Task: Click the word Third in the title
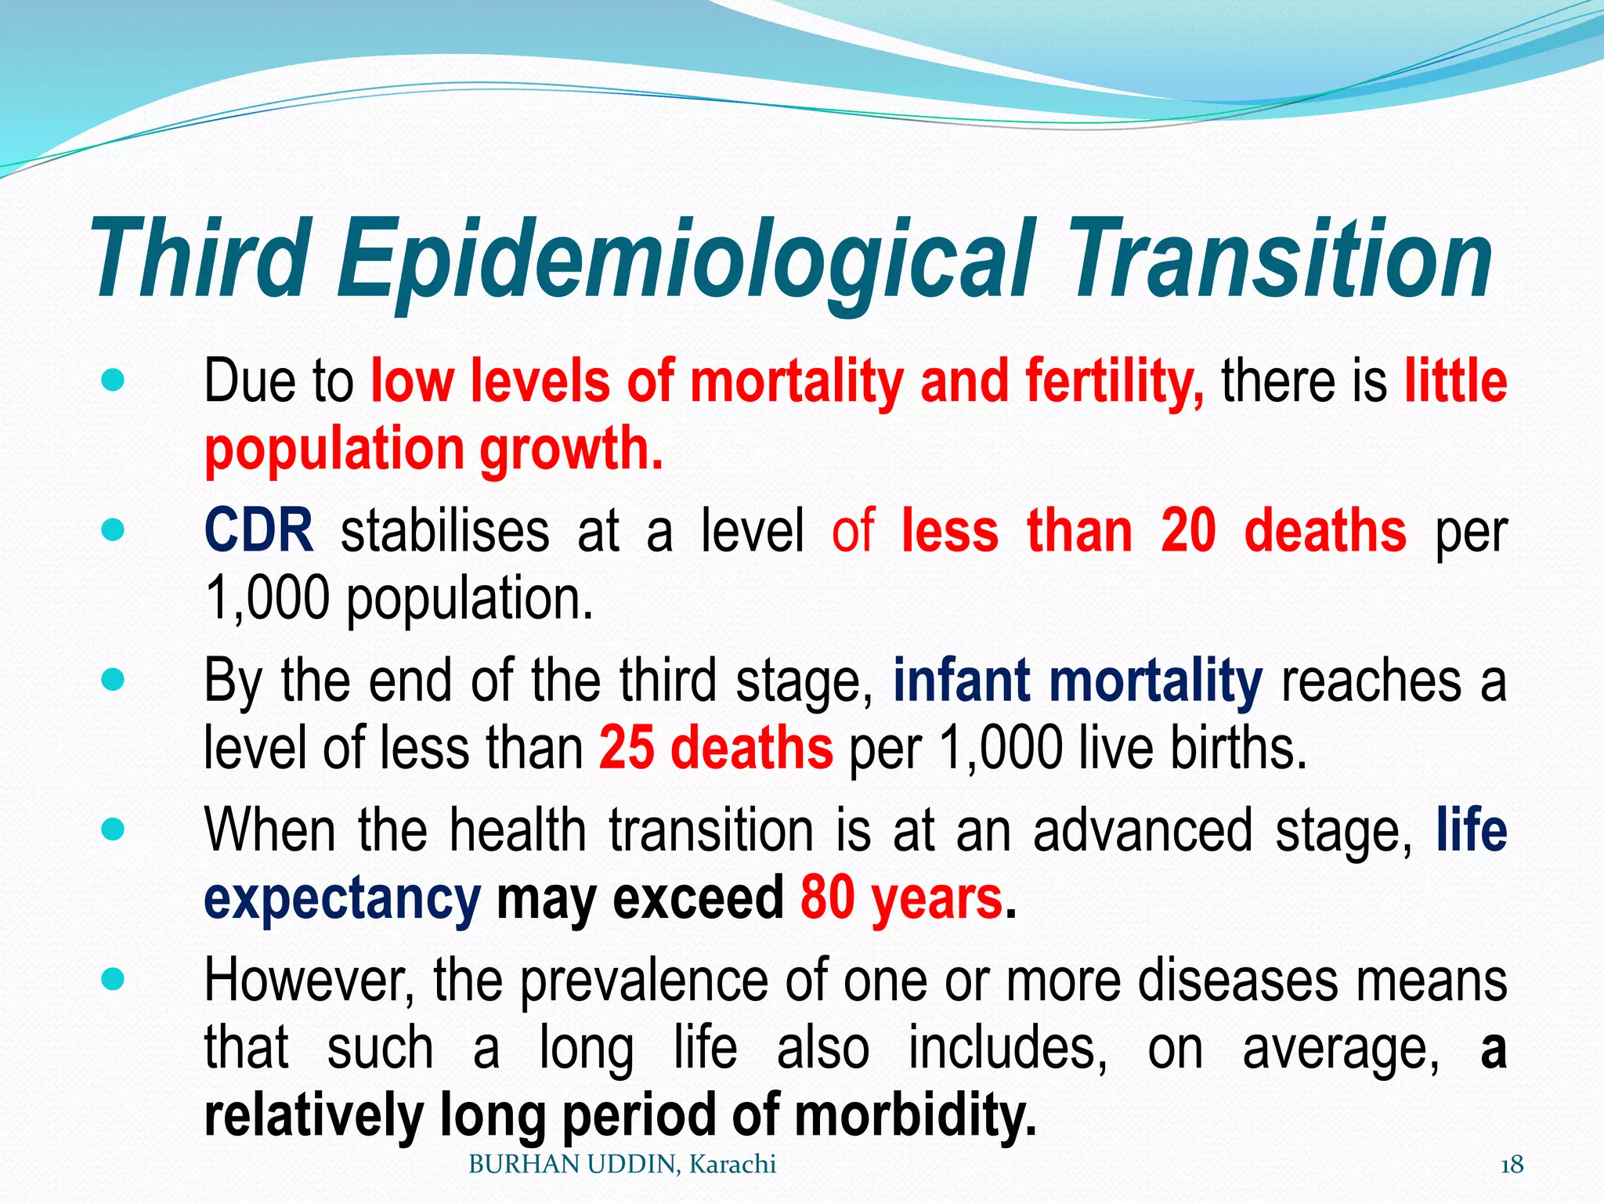pyautogui.click(x=200, y=258)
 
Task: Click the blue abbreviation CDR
pyautogui.click(x=258, y=531)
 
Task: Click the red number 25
pyautogui.click(x=627, y=747)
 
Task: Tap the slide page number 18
pyautogui.click(x=1512, y=1165)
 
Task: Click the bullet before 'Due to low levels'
pyautogui.click(x=114, y=381)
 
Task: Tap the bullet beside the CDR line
pyautogui.click(x=114, y=532)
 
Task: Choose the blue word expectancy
pyautogui.click(x=341, y=899)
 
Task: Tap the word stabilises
pyautogui.click(x=445, y=531)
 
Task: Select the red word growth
pyautogui.click(x=571, y=450)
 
